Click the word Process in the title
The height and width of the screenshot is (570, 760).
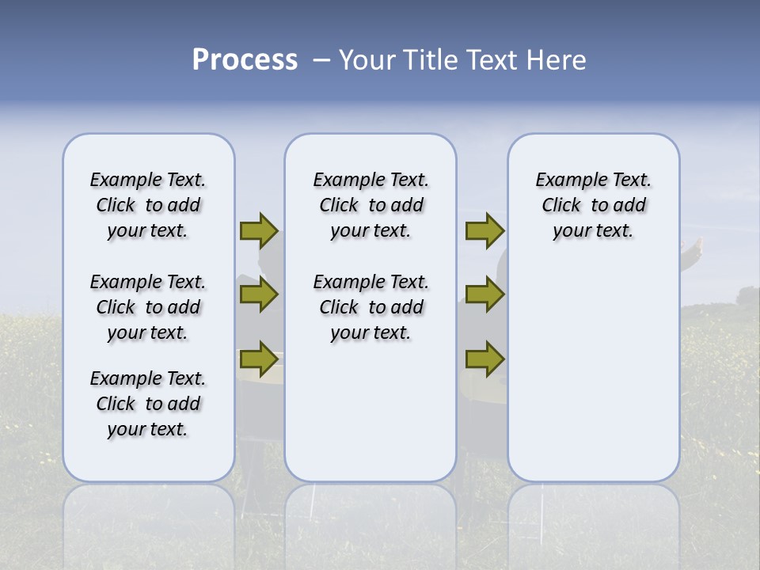(x=245, y=60)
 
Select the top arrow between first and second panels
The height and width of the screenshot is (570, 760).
(x=259, y=230)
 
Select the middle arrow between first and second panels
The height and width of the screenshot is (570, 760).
(x=259, y=294)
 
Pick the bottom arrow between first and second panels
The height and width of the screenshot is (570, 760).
(x=259, y=359)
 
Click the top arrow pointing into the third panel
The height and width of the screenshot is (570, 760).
(x=484, y=230)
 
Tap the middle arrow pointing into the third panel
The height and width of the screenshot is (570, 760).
(x=484, y=294)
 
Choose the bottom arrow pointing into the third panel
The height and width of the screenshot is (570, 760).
(x=484, y=359)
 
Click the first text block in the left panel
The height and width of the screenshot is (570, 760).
(x=148, y=205)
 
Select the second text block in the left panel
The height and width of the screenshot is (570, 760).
(x=148, y=307)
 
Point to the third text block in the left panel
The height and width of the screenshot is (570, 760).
(x=148, y=404)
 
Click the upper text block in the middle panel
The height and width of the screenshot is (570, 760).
(x=370, y=205)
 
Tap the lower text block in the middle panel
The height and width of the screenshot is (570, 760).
(x=370, y=307)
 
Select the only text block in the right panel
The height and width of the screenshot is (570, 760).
(x=593, y=205)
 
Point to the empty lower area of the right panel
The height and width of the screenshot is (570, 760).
(x=593, y=380)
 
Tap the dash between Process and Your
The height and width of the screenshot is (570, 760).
(x=321, y=60)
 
